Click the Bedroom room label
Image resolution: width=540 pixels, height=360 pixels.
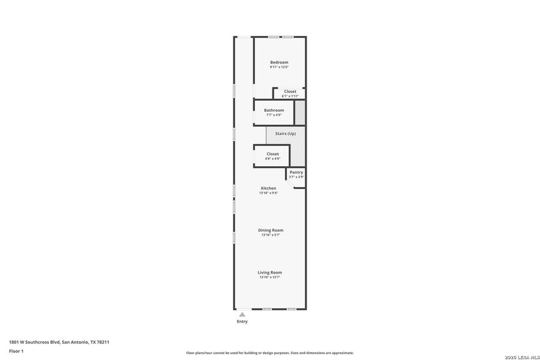(279, 62)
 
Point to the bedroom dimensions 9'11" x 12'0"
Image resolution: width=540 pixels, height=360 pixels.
(279, 67)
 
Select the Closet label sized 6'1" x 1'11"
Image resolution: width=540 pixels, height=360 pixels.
(290, 91)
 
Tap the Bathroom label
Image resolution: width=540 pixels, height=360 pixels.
(274, 110)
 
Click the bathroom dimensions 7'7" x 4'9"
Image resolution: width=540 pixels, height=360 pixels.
(274, 115)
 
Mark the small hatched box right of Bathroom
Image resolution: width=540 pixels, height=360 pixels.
(300, 113)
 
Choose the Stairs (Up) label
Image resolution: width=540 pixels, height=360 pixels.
(285, 133)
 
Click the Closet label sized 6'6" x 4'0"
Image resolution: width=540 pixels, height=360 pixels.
(273, 154)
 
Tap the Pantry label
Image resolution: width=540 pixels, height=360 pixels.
(296, 172)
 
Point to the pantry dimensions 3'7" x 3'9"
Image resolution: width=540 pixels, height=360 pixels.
(296, 177)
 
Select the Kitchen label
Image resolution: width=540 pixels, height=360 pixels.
(268, 188)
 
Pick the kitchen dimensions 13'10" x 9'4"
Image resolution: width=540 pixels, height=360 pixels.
(268, 193)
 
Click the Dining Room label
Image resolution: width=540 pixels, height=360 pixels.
(271, 230)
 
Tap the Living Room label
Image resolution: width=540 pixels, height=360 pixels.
(270, 272)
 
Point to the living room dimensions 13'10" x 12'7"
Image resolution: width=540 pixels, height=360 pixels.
(270, 277)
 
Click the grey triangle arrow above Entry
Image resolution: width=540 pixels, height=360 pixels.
(242, 314)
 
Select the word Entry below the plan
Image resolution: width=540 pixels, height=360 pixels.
(242, 322)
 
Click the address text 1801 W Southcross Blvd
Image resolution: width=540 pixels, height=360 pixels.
(34, 342)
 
